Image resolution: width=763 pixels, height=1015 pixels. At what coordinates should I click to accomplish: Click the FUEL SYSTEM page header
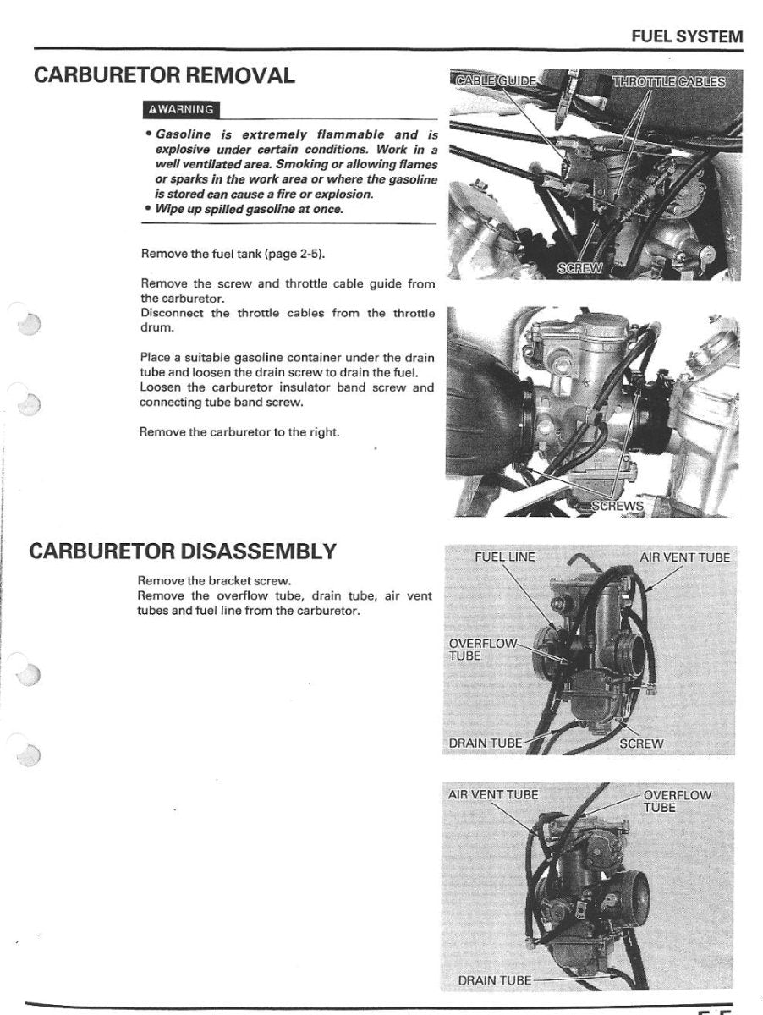click(x=687, y=36)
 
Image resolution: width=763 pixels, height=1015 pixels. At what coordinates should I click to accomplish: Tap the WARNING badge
click(x=182, y=109)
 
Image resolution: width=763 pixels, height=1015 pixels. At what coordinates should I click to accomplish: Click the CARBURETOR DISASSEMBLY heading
click(x=182, y=551)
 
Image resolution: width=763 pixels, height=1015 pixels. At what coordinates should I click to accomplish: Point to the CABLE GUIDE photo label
click(x=495, y=81)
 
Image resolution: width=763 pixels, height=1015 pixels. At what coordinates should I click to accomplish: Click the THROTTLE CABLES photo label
click(x=668, y=81)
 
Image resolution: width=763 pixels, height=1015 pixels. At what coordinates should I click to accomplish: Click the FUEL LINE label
click(x=505, y=557)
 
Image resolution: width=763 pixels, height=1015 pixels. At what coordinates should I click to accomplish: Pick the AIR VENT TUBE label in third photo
click(x=684, y=557)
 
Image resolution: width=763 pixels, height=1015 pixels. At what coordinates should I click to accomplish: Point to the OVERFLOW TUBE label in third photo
click(x=480, y=649)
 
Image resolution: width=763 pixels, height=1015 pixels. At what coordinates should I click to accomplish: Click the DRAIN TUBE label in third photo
click(x=486, y=743)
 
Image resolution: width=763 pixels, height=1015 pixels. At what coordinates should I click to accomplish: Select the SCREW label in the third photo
click(x=641, y=743)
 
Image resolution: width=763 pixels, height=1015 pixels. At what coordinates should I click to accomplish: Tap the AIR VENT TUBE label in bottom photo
click(x=492, y=794)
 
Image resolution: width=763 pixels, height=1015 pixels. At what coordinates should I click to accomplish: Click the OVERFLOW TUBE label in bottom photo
click(x=677, y=801)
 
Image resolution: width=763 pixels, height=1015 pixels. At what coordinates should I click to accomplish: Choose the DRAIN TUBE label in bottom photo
click(x=495, y=980)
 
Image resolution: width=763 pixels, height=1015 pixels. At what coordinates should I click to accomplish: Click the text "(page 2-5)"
click(x=295, y=254)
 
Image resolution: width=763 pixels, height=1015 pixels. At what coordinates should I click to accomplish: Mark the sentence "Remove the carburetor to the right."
click(x=239, y=431)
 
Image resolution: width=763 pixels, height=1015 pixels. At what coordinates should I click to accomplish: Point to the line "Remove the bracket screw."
click(x=214, y=581)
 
